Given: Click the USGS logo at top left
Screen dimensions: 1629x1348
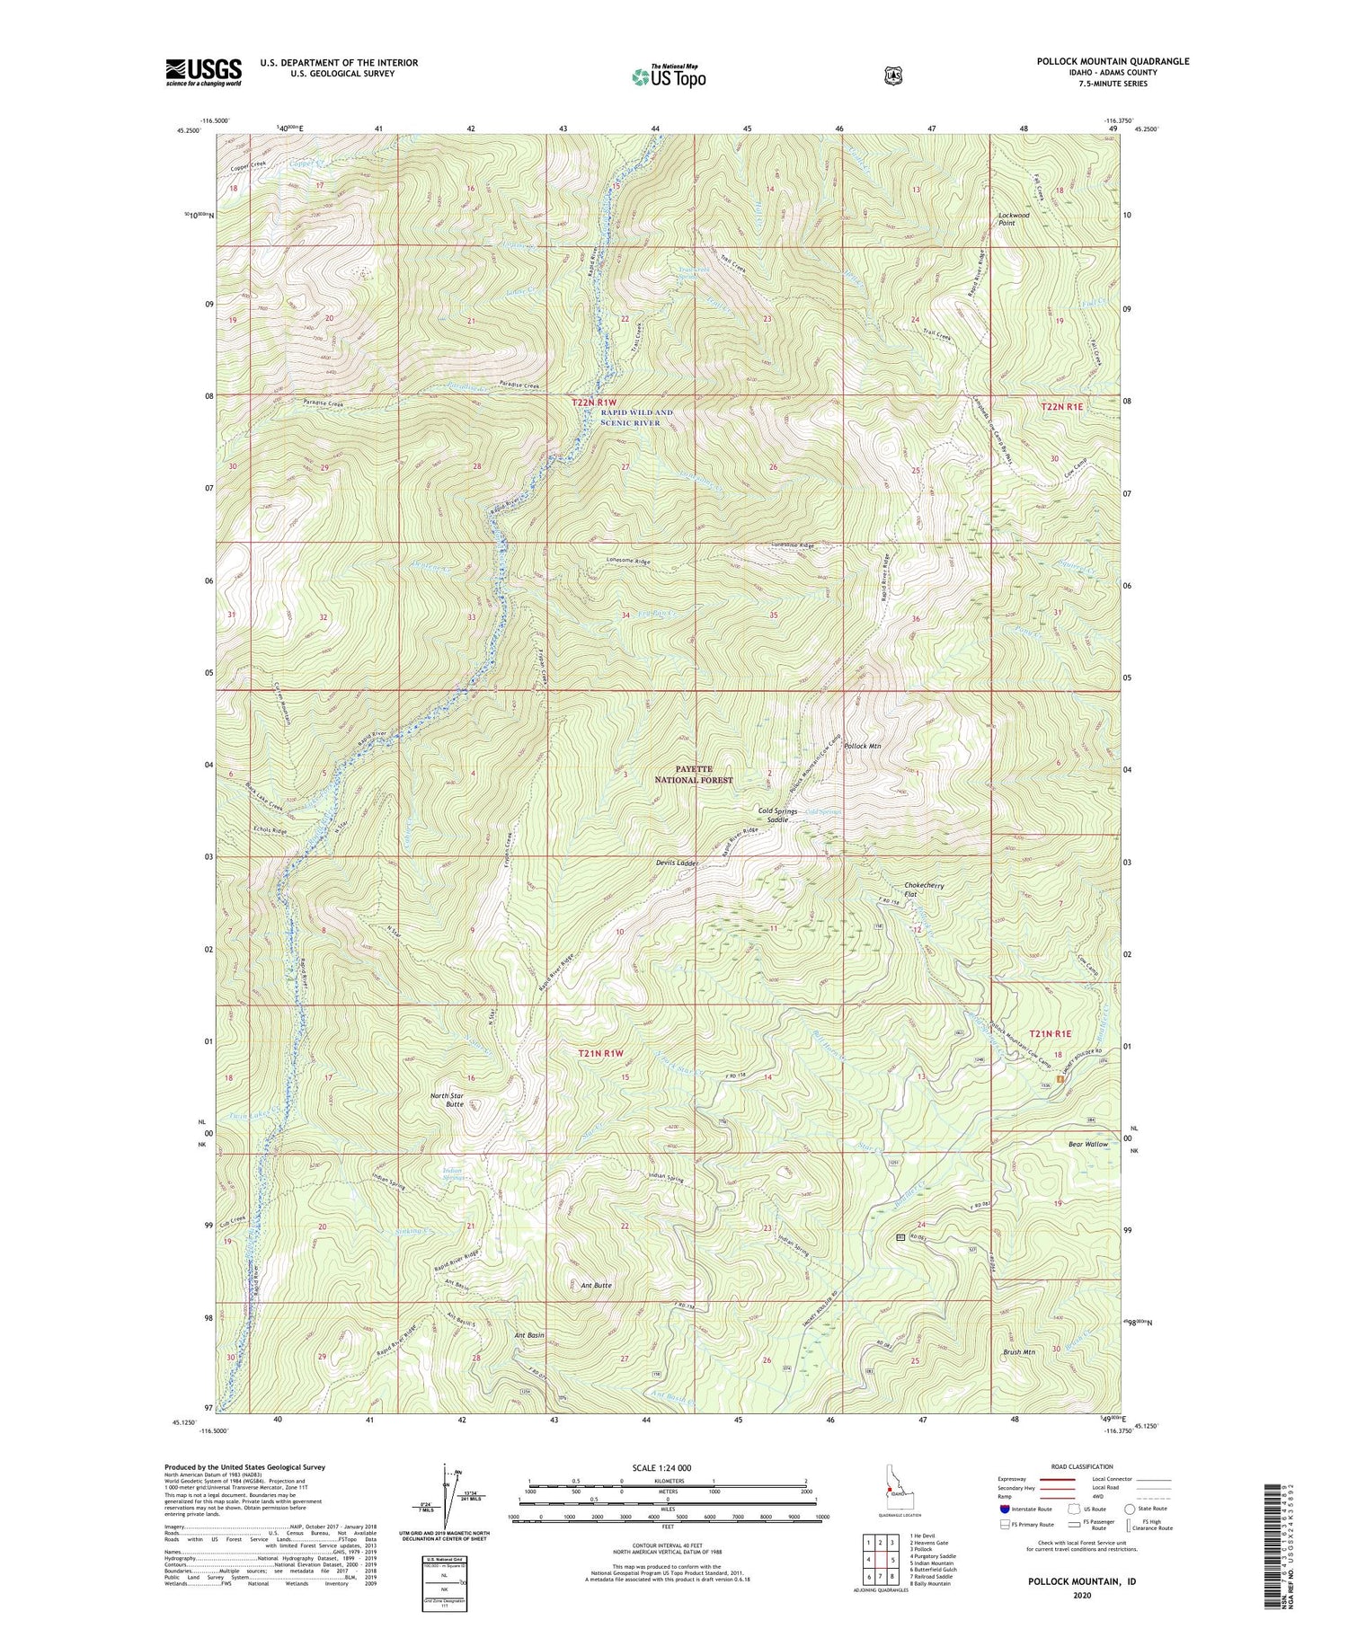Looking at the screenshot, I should [x=203, y=72].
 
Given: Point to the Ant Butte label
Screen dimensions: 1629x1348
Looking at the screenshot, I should [x=591, y=1286].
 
